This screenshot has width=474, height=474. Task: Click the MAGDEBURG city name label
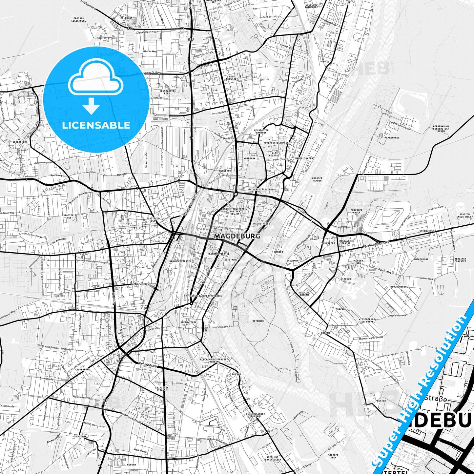[237, 236]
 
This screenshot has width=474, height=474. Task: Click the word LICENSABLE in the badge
[96, 125]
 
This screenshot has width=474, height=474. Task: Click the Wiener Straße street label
[148, 364]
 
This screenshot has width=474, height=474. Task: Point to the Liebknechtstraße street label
[143, 285]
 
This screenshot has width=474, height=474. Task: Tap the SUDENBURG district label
[83, 369]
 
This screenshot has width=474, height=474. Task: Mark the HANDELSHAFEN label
[304, 158]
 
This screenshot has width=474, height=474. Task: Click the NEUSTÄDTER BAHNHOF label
[261, 132]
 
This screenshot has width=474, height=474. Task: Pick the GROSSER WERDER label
[317, 179]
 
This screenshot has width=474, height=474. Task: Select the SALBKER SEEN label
[333, 456]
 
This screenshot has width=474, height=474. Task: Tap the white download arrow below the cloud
[91, 107]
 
